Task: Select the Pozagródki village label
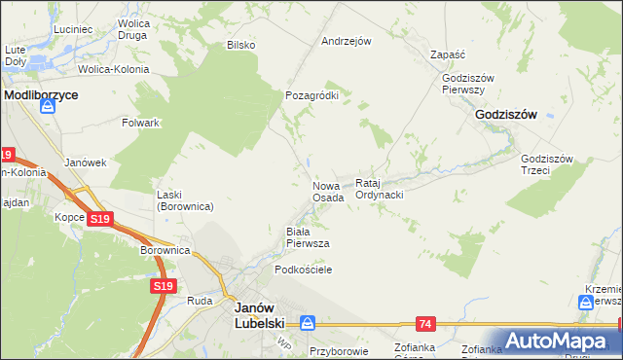(x=311, y=96)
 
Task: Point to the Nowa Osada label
(x=328, y=191)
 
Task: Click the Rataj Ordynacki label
(x=380, y=189)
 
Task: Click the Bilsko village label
(x=240, y=45)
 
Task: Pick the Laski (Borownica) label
(x=185, y=200)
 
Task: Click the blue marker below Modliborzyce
(x=45, y=110)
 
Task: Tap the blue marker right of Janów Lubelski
(x=307, y=322)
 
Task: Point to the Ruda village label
(x=200, y=302)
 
